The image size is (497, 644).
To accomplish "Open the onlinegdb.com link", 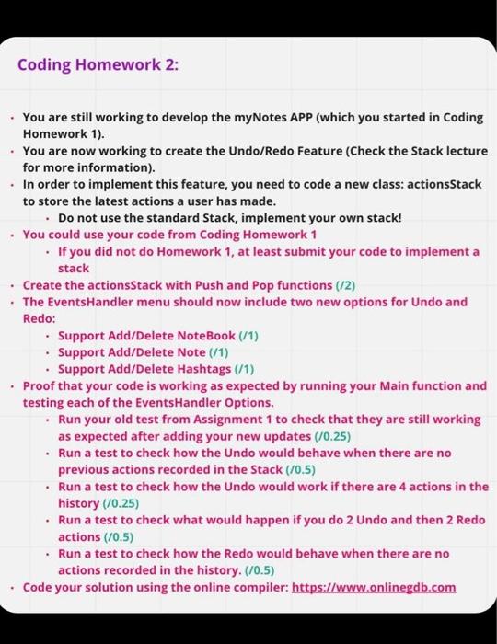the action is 374,587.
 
